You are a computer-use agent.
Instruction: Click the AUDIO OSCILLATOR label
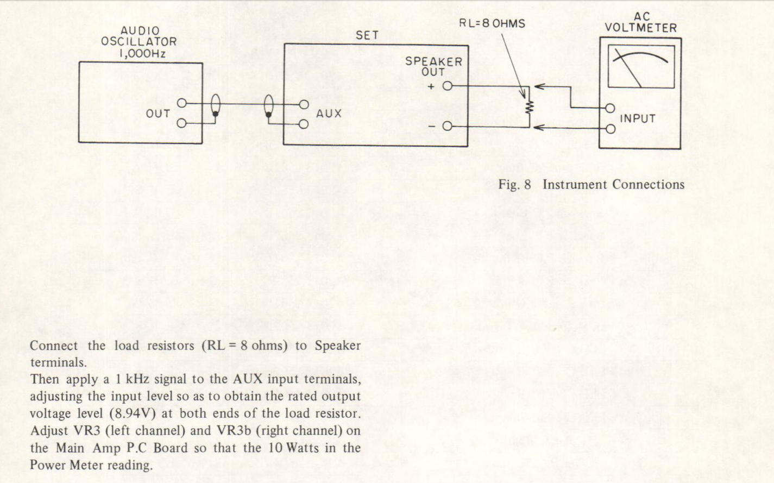point(139,36)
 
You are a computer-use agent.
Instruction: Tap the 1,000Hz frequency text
point(142,54)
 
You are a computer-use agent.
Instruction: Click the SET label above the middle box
point(367,35)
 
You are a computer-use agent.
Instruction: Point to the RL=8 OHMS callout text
point(492,23)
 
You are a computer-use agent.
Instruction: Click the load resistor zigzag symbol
point(529,107)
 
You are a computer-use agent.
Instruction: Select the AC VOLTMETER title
point(641,22)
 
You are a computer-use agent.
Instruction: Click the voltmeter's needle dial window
point(641,67)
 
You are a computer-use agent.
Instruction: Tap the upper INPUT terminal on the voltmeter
point(610,109)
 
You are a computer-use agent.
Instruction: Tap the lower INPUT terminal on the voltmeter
point(611,129)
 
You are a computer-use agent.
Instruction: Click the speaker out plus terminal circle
point(448,86)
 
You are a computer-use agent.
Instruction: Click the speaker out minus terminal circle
point(447,127)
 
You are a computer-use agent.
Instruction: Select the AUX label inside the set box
point(329,114)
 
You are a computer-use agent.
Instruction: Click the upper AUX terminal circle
point(304,104)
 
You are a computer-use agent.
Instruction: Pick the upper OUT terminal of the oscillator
point(182,103)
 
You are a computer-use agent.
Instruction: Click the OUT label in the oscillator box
point(158,114)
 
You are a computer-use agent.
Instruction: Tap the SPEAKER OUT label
point(433,67)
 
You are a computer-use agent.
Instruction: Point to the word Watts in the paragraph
point(303,448)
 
